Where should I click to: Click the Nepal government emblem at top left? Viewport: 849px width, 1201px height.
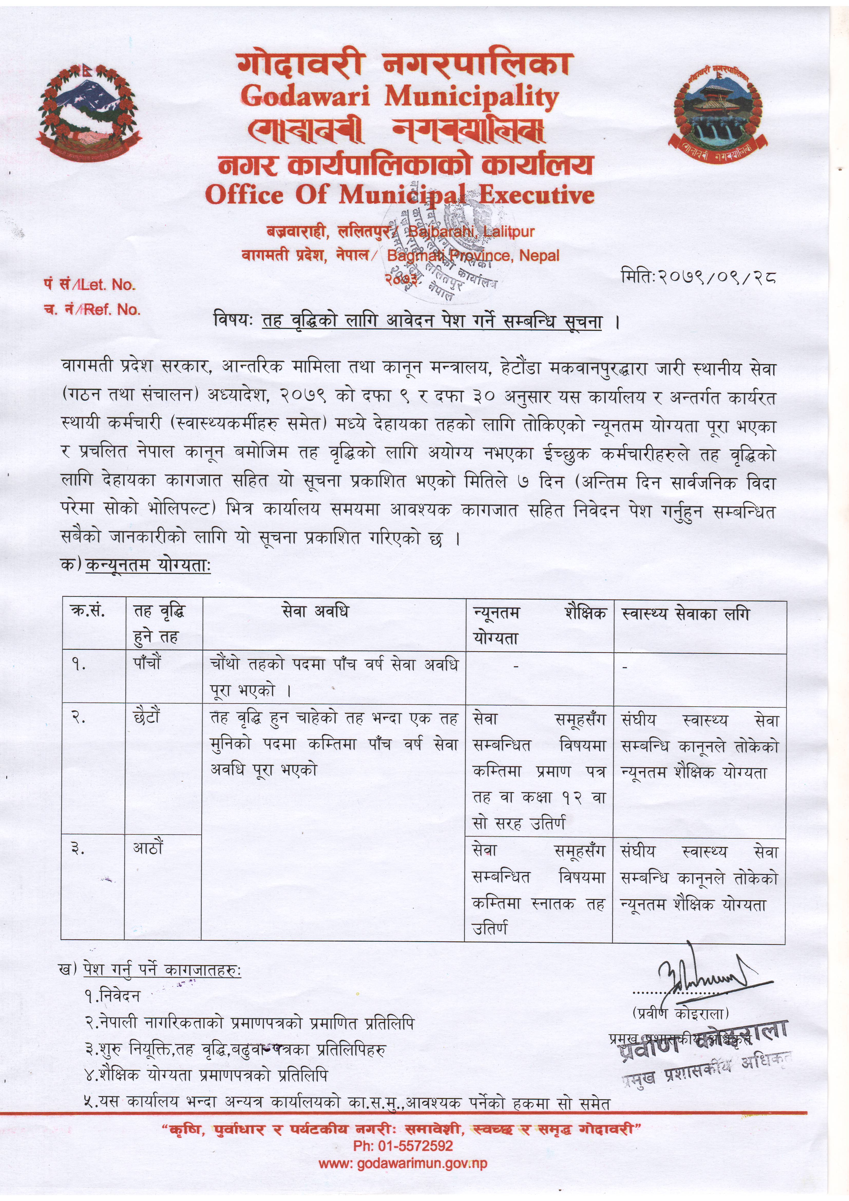pos(88,111)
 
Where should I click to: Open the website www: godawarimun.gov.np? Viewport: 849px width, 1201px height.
pos(403,1163)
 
